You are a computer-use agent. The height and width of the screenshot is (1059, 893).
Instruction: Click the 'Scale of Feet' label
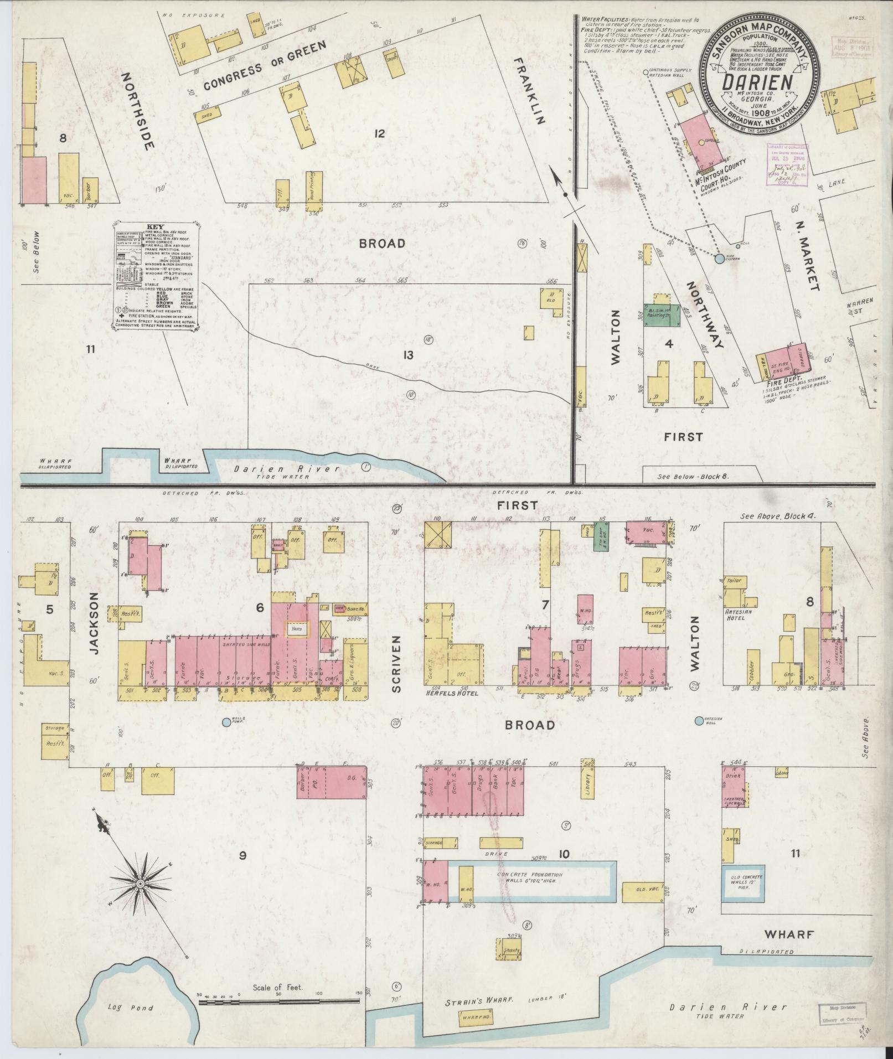click(278, 987)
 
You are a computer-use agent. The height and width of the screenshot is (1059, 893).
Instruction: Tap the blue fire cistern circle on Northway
click(719, 259)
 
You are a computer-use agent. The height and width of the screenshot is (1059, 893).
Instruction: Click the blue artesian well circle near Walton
click(698, 720)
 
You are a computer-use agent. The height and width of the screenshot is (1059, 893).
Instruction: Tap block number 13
click(408, 355)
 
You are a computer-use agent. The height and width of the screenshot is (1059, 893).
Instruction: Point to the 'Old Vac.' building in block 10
click(642, 892)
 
